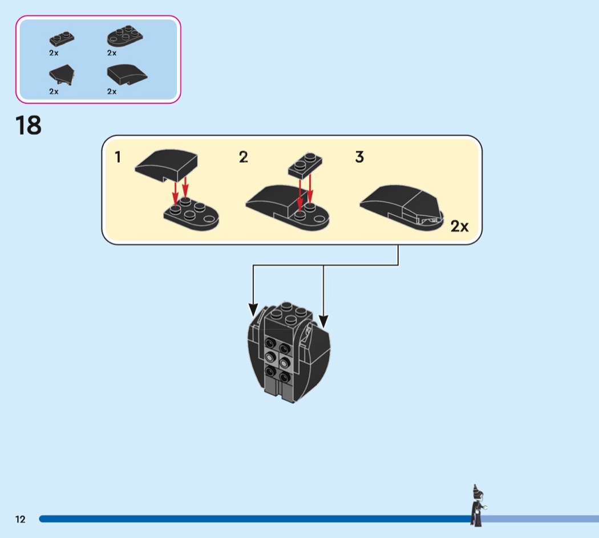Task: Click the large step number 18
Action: pyautogui.click(x=29, y=126)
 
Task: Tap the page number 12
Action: pyautogui.click(x=21, y=519)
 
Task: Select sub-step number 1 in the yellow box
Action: pyautogui.click(x=118, y=157)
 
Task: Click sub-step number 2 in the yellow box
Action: pyautogui.click(x=244, y=157)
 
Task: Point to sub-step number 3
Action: pyautogui.click(x=359, y=157)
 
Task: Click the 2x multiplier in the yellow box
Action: pyautogui.click(x=459, y=226)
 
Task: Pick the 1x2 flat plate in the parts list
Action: pyautogui.click(x=62, y=39)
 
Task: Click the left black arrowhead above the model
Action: pyautogui.click(x=253, y=310)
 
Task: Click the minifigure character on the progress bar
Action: pyautogui.click(x=476, y=506)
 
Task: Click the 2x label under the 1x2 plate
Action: pyautogui.click(x=54, y=53)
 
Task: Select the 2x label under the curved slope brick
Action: pyautogui.click(x=112, y=91)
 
